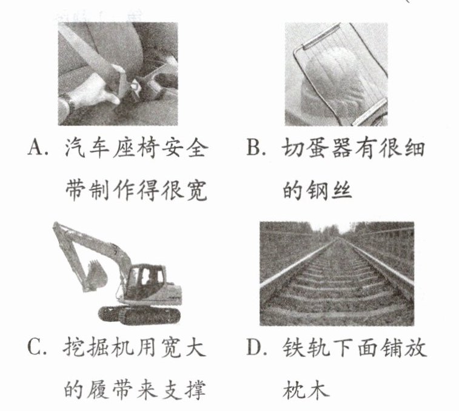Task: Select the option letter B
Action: click(x=253, y=147)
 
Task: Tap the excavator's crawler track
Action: click(x=139, y=315)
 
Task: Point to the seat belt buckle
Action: click(x=135, y=88)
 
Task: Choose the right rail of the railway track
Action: click(x=378, y=263)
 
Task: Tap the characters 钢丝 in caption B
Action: click(x=329, y=190)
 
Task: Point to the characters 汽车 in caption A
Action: click(x=87, y=148)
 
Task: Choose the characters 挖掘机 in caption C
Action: click(x=98, y=348)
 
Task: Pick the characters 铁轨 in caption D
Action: click(x=306, y=348)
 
